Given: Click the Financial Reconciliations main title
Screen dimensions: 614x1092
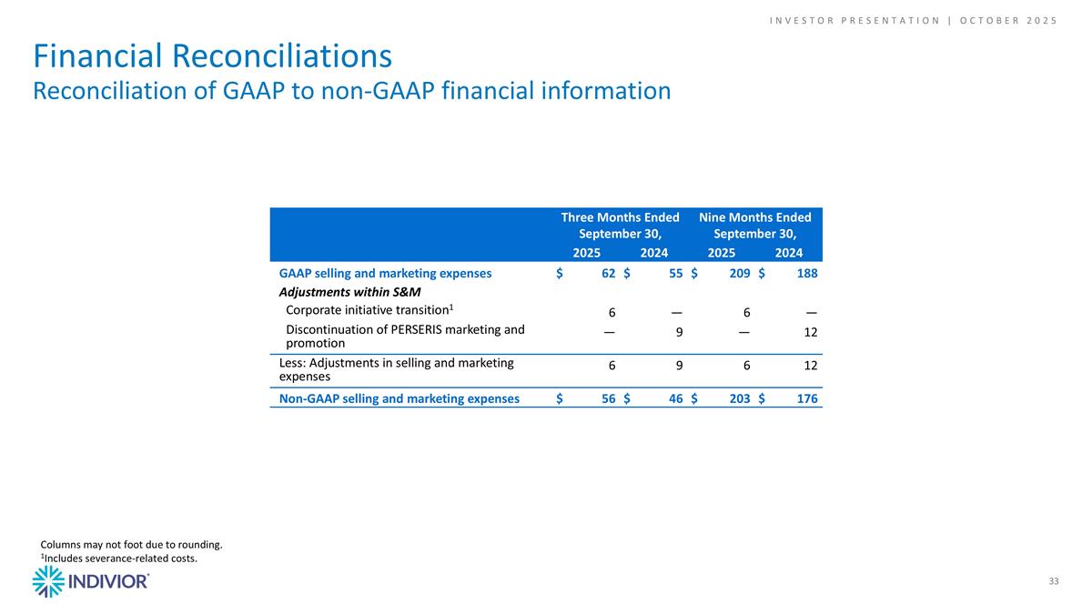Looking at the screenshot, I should pyautogui.click(x=213, y=56).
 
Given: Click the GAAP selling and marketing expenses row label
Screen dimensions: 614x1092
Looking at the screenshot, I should pyautogui.click(x=385, y=273).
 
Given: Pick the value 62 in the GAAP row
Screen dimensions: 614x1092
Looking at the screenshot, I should pyautogui.click(x=608, y=273).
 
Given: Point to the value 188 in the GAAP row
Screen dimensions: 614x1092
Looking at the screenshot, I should pyautogui.click(x=806, y=273).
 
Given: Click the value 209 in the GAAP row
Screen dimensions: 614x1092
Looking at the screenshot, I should pyautogui.click(x=740, y=273).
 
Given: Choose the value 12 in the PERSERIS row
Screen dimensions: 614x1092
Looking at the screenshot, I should pyautogui.click(x=810, y=333).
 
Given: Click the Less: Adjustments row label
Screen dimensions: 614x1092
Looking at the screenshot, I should pyautogui.click(x=396, y=369).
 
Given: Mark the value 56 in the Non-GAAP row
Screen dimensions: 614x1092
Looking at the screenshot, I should pyautogui.click(x=608, y=398).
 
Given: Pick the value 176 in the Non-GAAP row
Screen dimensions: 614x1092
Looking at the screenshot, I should pyautogui.click(x=806, y=398).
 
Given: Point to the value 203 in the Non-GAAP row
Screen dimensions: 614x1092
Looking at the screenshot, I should pyautogui.click(x=740, y=398).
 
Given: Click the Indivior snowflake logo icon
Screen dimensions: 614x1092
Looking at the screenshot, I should pyautogui.click(x=48, y=581).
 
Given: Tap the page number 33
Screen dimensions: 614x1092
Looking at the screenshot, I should pyautogui.click(x=1054, y=581).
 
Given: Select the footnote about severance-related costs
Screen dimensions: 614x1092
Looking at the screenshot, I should pyautogui.click(x=118, y=559).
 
